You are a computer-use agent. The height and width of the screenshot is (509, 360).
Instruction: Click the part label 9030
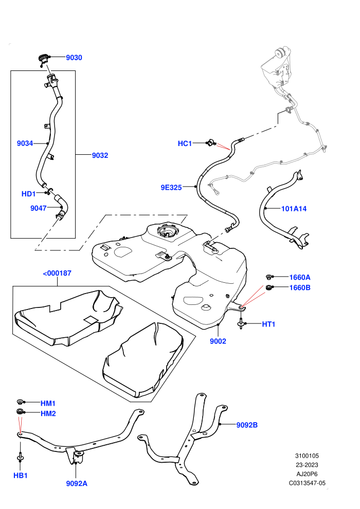coord(74,58)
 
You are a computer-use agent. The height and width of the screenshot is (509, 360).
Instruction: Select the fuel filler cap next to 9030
coord(43,59)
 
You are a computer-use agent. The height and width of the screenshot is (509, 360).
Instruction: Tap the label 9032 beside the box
coord(100,155)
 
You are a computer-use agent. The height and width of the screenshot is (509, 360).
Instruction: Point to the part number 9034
coord(25,143)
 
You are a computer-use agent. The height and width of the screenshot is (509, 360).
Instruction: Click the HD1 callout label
coord(29,194)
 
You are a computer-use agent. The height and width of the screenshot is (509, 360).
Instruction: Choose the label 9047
coord(39,208)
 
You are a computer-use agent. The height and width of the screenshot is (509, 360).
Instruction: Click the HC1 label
coord(185,143)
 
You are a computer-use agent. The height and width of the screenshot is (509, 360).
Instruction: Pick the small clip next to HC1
coord(211,142)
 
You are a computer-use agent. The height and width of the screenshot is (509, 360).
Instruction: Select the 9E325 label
coord(171,187)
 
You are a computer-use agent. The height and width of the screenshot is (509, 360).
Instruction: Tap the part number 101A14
coord(294,209)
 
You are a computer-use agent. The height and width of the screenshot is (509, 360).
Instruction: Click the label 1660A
coord(300,277)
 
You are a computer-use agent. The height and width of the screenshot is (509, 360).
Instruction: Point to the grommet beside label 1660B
coord(269,287)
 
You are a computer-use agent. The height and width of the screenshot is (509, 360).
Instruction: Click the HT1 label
coord(268,324)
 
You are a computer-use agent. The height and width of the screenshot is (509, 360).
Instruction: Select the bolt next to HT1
coord(241,323)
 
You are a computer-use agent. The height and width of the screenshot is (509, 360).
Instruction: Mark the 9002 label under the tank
coord(218,341)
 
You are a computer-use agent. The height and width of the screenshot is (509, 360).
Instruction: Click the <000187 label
coord(57,274)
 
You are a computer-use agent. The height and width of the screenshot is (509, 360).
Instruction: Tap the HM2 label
coord(48,413)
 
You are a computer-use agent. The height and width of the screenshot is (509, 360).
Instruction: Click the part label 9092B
coord(247,425)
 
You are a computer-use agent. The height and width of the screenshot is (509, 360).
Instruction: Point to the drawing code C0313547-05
coord(307,483)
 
